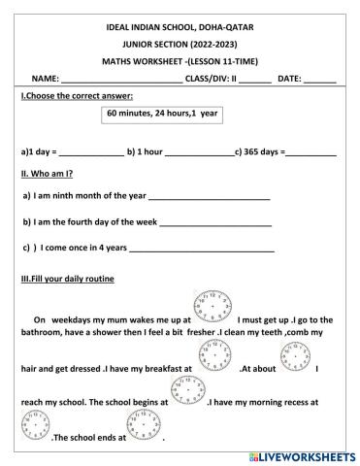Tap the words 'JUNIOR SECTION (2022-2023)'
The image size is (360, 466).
[x=179, y=46]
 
